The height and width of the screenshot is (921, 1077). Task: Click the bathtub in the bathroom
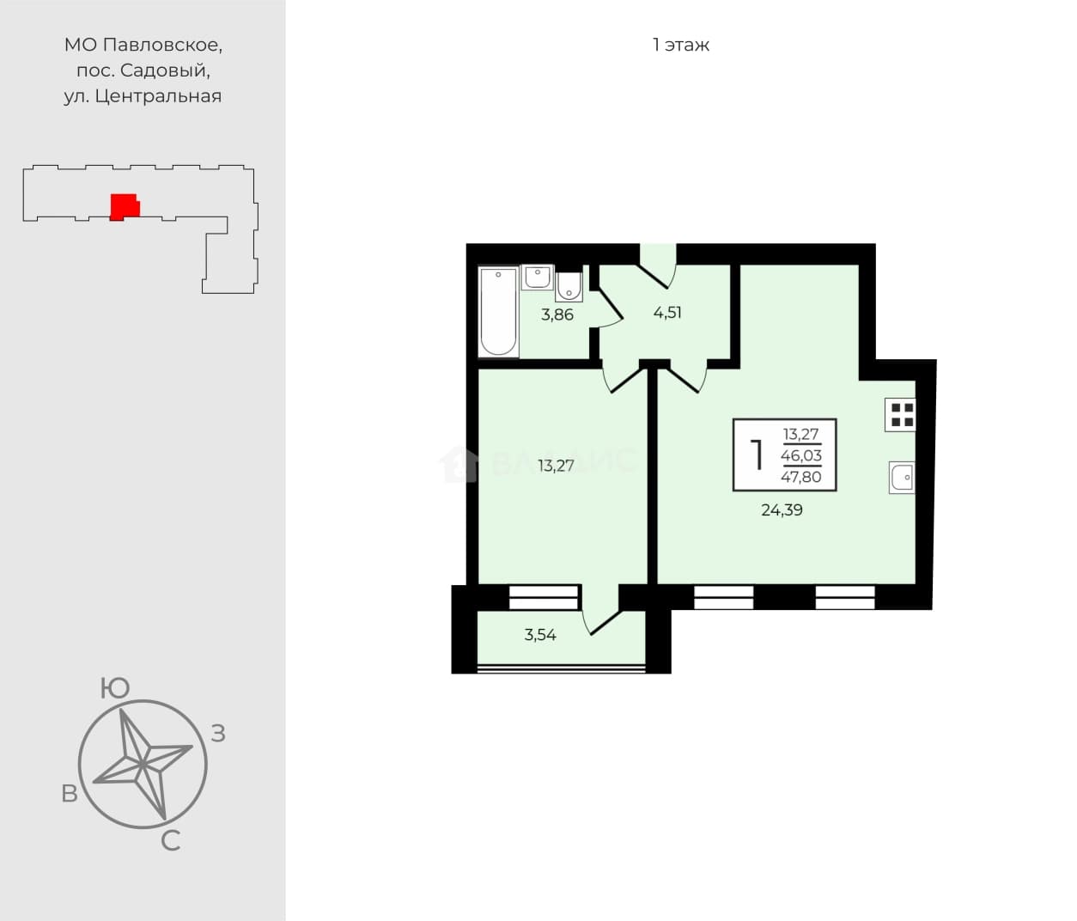499,312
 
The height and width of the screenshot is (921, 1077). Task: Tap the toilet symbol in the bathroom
569,287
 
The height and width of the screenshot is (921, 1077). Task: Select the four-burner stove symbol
900,415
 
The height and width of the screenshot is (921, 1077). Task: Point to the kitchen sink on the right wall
902,478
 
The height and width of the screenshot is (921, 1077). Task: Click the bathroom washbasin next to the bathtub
537,277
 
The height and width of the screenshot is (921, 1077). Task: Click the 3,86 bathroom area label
557,314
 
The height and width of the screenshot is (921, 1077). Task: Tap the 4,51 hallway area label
667,313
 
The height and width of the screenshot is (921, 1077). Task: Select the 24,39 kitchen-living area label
782,509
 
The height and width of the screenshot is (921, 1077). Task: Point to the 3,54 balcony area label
540,635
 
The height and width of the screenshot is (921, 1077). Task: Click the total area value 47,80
800,477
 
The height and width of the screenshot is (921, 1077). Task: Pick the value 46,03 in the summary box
800,455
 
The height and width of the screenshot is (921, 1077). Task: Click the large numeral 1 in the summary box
757,455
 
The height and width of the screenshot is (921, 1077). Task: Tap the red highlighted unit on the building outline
124,207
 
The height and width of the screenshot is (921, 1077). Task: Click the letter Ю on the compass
114,688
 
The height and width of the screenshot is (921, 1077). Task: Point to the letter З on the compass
218,734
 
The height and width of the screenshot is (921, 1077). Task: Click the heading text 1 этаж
681,45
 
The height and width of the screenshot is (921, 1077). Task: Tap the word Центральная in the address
159,96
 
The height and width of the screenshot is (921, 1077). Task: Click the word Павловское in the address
162,46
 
